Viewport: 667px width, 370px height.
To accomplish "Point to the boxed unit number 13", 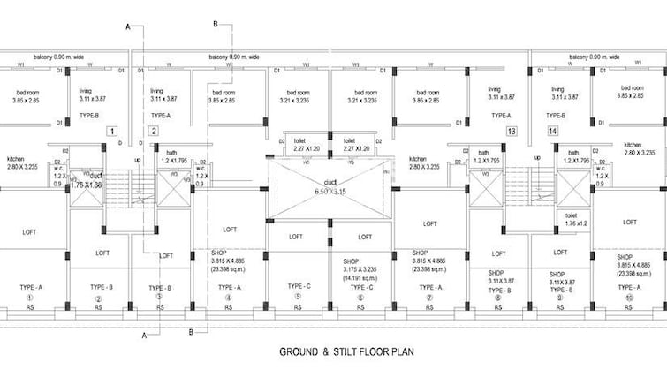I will point(511,132).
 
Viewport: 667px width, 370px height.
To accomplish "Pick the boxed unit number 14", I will point(552,132).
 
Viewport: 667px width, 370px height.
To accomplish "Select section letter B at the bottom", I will point(191,331).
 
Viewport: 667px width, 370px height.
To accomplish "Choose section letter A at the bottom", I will point(145,336).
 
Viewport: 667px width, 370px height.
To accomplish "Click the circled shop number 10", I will point(630,298).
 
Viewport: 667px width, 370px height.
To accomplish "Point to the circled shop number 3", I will point(159,298).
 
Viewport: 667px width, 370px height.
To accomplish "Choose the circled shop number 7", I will point(430,298).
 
